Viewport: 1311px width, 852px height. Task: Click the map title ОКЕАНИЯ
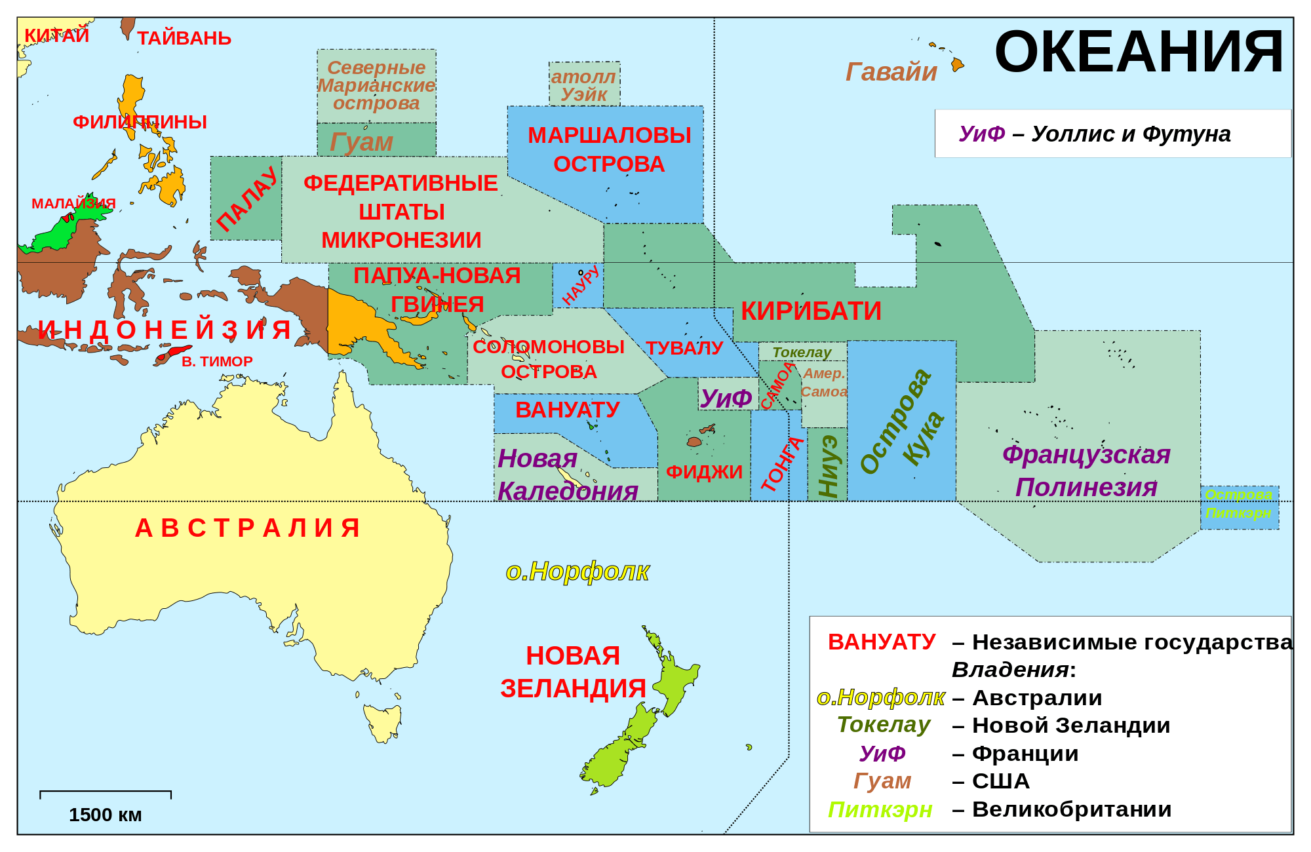(1138, 52)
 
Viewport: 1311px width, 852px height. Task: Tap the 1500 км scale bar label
(105, 815)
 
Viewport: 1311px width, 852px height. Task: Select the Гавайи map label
(891, 72)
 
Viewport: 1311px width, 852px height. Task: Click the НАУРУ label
(581, 286)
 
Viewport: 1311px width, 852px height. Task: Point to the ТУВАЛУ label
(684, 348)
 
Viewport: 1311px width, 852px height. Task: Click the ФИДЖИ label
(704, 472)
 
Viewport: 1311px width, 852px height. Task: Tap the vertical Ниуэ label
(828, 466)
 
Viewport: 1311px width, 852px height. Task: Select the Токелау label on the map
(801, 353)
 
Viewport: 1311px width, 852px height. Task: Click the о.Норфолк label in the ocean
(577, 571)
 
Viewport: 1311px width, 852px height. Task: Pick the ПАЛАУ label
(246, 199)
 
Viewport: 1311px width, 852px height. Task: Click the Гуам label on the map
(361, 142)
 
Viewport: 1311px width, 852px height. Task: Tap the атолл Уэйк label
(583, 85)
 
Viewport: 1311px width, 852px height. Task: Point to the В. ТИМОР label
(216, 362)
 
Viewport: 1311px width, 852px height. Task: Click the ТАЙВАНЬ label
(184, 38)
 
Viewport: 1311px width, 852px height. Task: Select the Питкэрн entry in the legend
(880, 809)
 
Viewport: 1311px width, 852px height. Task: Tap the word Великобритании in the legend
(1071, 809)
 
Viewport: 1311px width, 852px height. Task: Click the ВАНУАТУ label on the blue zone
(567, 410)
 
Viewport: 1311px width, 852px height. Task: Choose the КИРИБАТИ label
(811, 311)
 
